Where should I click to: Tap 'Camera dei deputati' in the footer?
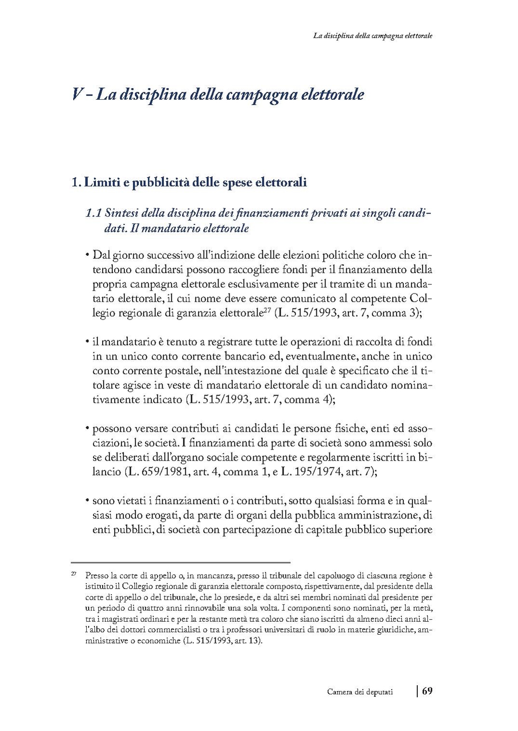click(359, 692)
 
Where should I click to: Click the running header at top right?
click(372, 36)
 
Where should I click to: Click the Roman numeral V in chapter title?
click(76, 94)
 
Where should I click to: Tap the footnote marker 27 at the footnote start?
click(74, 574)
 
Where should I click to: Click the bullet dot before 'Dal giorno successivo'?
click(88, 254)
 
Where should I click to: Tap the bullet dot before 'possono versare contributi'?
click(88, 428)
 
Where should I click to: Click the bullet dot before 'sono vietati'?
click(88, 501)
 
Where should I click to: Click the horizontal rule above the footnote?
click(180, 562)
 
